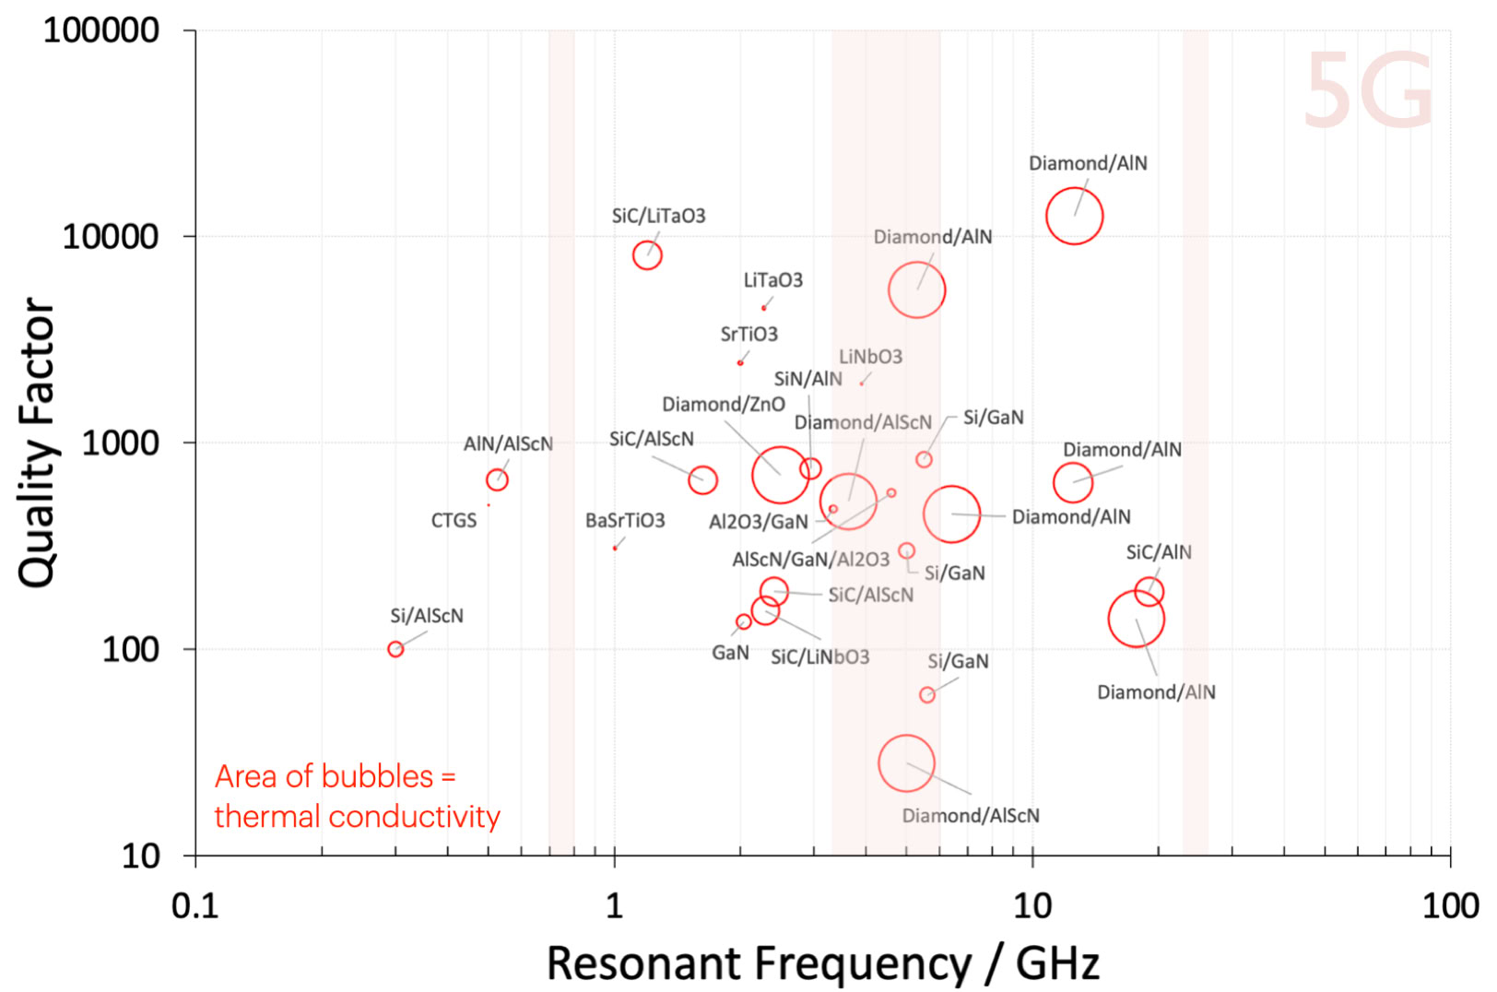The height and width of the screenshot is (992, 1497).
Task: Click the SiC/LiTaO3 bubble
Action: pos(647,255)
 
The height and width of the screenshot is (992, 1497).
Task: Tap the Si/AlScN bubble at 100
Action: pos(395,649)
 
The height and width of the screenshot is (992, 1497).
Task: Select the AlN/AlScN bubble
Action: pos(497,479)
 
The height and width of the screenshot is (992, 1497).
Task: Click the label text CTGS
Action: pos(454,521)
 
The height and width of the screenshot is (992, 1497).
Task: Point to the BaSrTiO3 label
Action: pos(625,521)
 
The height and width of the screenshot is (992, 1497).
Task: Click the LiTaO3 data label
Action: pos(772,280)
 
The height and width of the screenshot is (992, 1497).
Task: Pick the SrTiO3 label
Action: pos(748,334)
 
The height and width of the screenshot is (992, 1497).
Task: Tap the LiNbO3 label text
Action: pos(870,357)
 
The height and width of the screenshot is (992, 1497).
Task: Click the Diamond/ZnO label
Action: pos(723,405)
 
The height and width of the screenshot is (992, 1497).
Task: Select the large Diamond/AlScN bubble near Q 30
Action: pos(906,763)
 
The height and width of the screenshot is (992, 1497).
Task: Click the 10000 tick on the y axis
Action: pos(111,237)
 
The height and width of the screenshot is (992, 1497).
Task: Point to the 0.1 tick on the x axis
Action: pos(195,906)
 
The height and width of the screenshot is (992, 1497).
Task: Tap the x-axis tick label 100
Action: pos(1450,906)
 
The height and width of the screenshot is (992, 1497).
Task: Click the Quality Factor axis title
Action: pos(37,443)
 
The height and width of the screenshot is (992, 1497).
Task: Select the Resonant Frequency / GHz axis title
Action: pos(822,963)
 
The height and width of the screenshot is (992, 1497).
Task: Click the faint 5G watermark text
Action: pos(1369,90)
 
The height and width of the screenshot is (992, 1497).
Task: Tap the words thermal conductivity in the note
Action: pos(357,817)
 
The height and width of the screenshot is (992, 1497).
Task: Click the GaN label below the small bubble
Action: pos(730,653)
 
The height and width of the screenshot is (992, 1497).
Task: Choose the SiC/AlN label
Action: pos(1158,552)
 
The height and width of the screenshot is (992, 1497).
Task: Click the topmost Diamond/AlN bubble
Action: pos(1074,216)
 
